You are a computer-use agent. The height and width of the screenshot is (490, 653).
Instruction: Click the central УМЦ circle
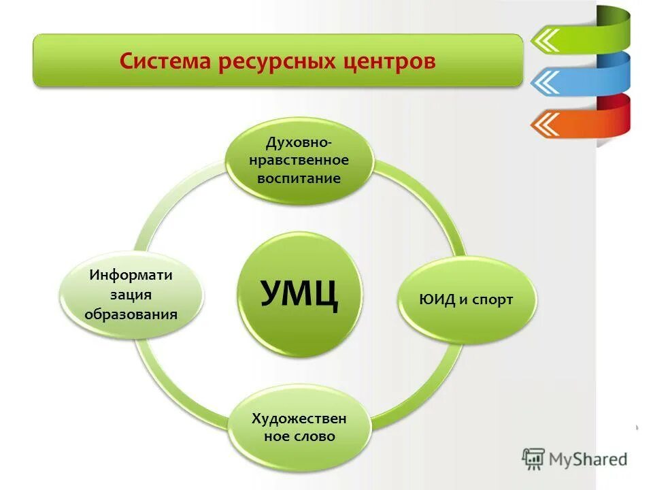[299, 294]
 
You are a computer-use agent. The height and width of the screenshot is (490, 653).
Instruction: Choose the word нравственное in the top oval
[300, 161]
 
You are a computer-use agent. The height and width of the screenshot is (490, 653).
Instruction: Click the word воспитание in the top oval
[300, 178]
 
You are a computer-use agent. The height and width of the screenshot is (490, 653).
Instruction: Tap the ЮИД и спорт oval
[467, 299]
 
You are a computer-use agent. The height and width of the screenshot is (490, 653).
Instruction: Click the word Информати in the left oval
[131, 276]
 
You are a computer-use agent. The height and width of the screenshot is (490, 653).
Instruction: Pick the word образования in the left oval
[131, 314]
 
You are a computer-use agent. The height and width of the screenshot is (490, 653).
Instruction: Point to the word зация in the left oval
[131, 295]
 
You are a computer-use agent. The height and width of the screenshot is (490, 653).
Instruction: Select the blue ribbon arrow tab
[578, 82]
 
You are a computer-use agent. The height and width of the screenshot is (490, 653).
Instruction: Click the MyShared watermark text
[588, 459]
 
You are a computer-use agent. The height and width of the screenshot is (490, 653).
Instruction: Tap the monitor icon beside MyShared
[534, 459]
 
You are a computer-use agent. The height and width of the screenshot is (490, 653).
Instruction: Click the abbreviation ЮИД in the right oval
[437, 299]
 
